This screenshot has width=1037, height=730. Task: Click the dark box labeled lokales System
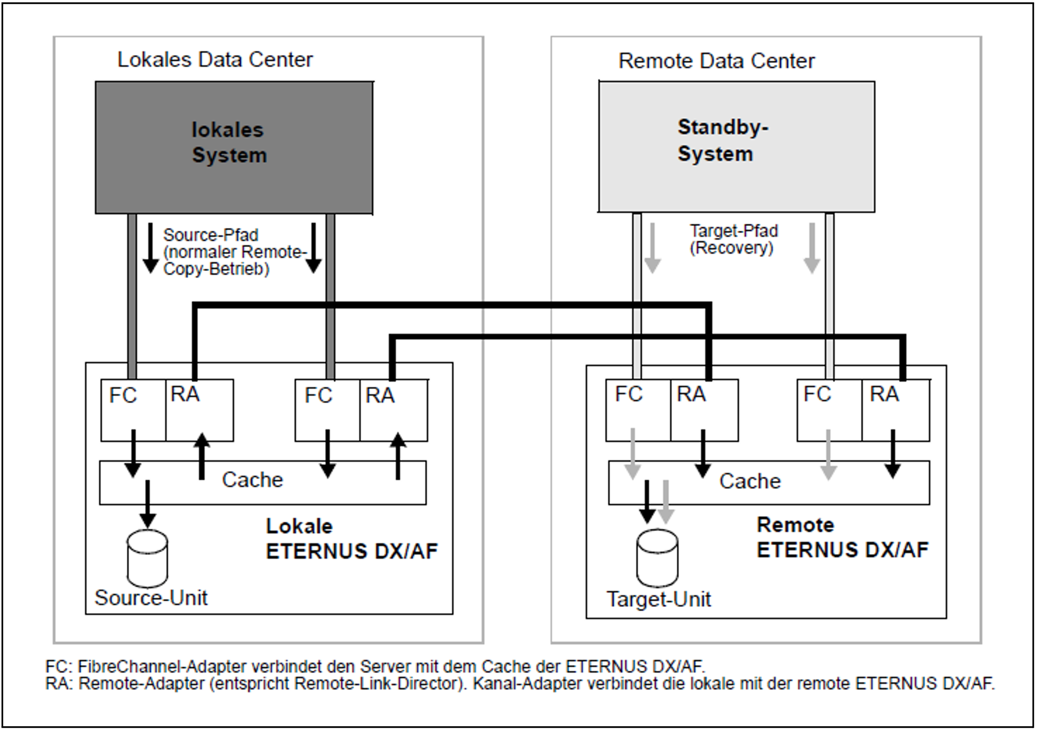tap(234, 148)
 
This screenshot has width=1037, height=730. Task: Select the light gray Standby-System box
tap(736, 147)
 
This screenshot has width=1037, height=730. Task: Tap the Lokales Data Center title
tap(215, 60)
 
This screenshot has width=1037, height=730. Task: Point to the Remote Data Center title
tap(716, 61)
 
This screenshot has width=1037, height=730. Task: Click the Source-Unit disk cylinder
tap(147, 558)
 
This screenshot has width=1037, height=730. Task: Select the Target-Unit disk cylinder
tap(657, 558)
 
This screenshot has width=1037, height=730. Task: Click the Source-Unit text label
tap(151, 598)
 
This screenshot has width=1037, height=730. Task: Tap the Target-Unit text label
tap(659, 599)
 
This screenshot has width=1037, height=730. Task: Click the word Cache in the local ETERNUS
tap(252, 480)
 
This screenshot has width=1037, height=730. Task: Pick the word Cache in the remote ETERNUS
tap(750, 481)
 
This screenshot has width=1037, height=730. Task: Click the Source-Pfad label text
tap(234, 252)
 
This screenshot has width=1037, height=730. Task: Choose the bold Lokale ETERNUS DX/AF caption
tap(352, 539)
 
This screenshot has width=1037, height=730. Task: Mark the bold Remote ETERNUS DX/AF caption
tap(842, 537)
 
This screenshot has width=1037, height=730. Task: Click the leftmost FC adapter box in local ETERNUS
tap(133, 410)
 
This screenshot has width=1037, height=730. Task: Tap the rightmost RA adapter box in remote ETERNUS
tap(895, 410)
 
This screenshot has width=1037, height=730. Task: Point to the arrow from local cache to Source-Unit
tap(148, 504)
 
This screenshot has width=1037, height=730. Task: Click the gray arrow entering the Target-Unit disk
tap(665, 502)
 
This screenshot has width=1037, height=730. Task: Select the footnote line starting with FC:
tap(375, 666)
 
